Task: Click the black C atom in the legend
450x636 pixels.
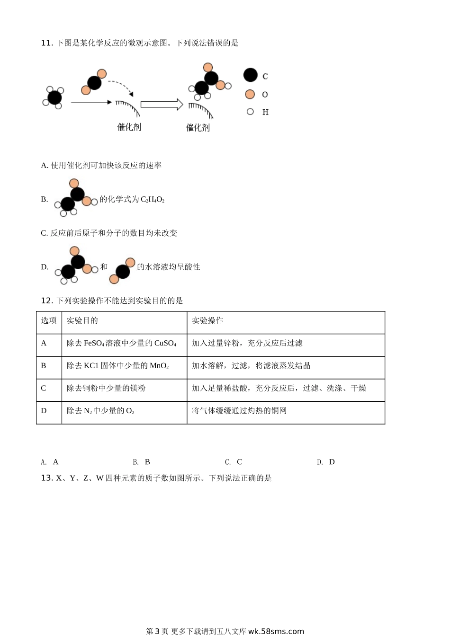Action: pyautogui.click(x=251, y=75)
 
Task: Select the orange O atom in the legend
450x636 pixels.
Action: pyautogui.click(x=250, y=94)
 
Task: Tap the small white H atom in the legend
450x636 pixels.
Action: pyautogui.click(x=250, y=112)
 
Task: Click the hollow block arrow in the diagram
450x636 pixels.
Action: pyautogui.click(x=162, y=104)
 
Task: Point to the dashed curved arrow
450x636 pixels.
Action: pyautogui.click(x=121, y=87)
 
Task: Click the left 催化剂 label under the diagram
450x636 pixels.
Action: pyautogui.click(x=129, y=127)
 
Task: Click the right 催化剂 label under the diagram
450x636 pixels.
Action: pyautogui.click(x=198, y=127)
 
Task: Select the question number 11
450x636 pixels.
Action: pyautogui.click(x=46, y=43)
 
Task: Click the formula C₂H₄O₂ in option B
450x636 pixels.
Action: pyautogui.click(x=153, y=200)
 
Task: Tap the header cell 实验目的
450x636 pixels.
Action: pyautogui.click(x=82, y=321)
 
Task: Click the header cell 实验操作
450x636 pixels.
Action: pyautogui.click(x=207, y=321)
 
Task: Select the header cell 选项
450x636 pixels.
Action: pyautogui.click(x=49, y=321)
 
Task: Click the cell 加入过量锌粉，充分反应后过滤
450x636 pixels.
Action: pyautogui.click(x=247, y=343)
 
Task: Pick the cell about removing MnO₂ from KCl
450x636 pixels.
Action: pyautogui.click(x=117, y=366)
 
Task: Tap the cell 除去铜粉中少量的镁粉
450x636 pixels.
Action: pyautogui.click(x=106, y=388)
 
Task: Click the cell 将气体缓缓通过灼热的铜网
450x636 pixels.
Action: pyautogui.click(x=239, y=411)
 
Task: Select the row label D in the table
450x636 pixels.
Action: pyautogui.click(x=44, y=411)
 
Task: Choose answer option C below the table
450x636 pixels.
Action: pyautogui.click(x=234, y=462)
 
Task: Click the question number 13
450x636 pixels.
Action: pyautogui.click(x=46, y=478)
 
